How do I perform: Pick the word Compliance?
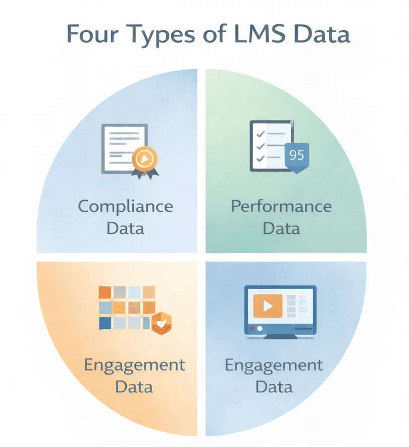tap(126, 206)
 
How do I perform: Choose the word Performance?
tap(281, 206)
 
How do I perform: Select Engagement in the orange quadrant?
tap(134, 365)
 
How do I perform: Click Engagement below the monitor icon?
tap(274, 365)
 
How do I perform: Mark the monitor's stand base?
tap(281, 336)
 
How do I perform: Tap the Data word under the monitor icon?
tap(274, 387)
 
